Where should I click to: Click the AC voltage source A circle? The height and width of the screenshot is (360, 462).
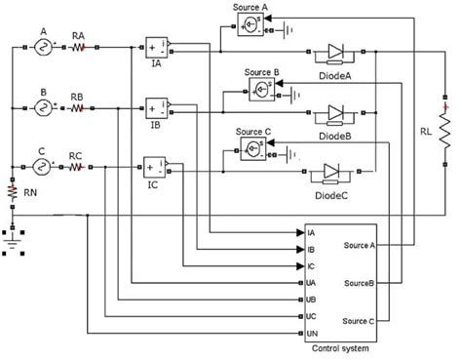click(x=44, y=45)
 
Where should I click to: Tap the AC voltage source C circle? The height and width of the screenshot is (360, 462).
click(x=44, y=166)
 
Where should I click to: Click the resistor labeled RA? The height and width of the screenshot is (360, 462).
click(x=80, y=45)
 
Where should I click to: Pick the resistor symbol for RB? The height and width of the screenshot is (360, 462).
click(x=80, y=109)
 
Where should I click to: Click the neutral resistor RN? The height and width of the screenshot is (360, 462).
click(x=13, y=192)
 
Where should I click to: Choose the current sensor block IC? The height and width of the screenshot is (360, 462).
click(x=154, y=166)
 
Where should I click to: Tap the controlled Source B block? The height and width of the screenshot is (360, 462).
click(x=260, y=89)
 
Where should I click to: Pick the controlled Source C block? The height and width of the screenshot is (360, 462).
click(x=252, y=147)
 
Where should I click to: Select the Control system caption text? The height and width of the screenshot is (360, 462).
click(x=338, y=349)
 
